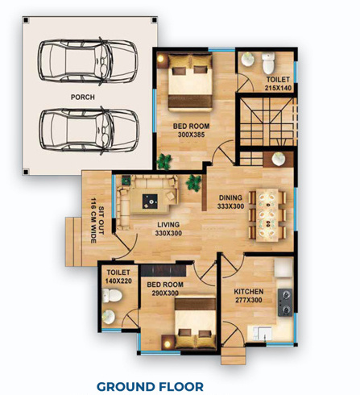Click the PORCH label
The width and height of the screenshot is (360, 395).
83,97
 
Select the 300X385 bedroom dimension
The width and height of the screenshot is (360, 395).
191,135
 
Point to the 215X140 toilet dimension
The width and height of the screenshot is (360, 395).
278,88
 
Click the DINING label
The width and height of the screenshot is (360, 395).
230,197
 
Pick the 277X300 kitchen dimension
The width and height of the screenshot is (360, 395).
249,300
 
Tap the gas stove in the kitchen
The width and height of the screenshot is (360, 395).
285,302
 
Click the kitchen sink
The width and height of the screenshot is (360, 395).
259,334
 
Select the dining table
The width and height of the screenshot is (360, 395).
267,214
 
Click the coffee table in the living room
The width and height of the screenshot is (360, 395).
150,201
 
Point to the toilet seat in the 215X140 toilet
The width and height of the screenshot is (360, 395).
268,63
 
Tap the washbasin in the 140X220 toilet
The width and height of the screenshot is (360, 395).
109,317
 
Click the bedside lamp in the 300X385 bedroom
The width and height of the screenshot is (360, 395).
161,59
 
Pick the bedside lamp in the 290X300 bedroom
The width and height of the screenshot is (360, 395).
168,343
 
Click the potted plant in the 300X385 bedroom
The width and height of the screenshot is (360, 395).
163,162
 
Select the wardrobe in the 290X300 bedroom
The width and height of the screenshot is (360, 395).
163,271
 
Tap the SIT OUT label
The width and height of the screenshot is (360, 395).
101,220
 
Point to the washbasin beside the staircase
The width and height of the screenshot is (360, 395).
278,159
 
